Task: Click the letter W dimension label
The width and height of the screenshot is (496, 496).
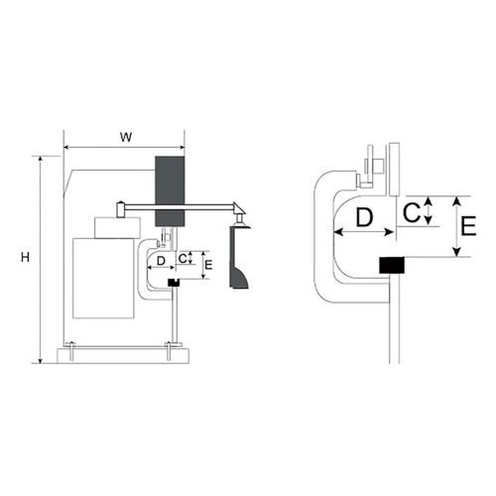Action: [x=126, y=137]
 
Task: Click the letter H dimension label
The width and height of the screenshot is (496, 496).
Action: [x=25, y=257]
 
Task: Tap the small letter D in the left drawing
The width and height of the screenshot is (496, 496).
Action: [x=161, y=261]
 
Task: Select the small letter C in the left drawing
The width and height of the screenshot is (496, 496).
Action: [x=183, y=259]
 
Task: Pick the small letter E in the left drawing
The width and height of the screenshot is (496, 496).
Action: [x=208, y=265]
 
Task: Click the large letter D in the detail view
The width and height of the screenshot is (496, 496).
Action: [x=364, y=217]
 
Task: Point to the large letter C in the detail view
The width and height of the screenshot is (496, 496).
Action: [x=412, y=212]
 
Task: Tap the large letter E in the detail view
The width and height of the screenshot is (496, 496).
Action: [x=468, y=226]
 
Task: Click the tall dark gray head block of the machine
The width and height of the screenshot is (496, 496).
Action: [x=170, y=191]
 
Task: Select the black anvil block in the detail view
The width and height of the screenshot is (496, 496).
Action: [x=392, y=265]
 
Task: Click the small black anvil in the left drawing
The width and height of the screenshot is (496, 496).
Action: [x=174, y=283]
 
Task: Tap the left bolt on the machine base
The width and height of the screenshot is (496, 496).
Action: [x=71, y=351]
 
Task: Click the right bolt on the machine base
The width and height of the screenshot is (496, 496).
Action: [x=169, y=351]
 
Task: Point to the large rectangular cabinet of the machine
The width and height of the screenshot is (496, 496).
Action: [x=103, y=278]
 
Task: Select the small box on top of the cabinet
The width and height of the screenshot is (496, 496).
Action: [x=117, y=227]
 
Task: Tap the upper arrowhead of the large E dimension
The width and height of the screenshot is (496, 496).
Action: [x=456, y=200]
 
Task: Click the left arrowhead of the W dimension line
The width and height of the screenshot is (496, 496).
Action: [x=66, y=147]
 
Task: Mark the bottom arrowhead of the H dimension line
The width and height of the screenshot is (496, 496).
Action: [x=41, y=360]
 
